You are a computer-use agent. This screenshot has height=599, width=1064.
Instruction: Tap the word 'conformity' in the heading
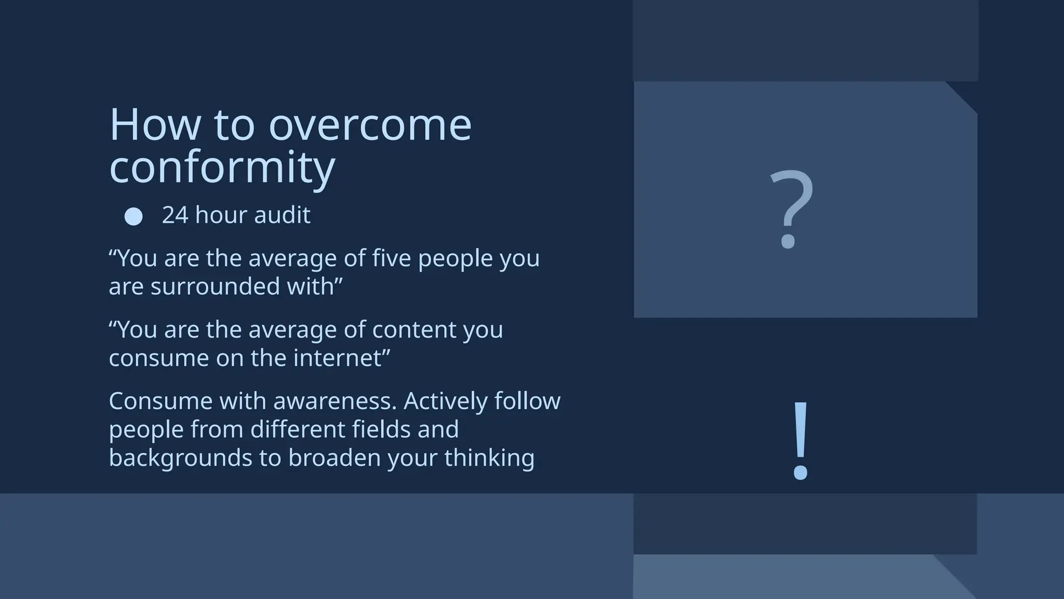[222, 167]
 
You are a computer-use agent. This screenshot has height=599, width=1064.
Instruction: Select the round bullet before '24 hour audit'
[134, 216]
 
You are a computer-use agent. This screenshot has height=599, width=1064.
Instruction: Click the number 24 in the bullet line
[175, 215]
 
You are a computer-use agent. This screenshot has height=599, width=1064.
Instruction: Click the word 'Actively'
[446, 401]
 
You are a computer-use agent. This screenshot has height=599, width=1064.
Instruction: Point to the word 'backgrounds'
[180, 458]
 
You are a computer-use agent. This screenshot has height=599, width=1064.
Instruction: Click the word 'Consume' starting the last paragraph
[161, 401]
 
